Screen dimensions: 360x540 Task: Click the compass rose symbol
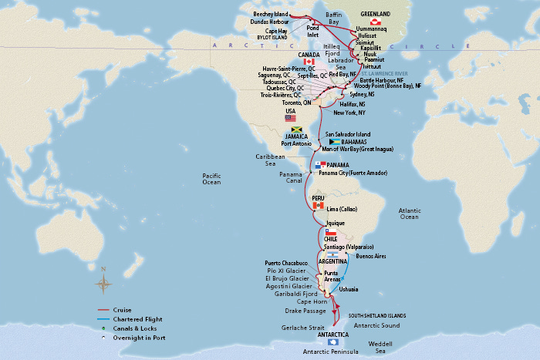(103, 283)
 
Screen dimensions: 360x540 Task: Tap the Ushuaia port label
(349, 288)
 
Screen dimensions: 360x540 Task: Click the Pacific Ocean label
(211, 179)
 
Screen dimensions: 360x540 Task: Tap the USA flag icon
(291, 118)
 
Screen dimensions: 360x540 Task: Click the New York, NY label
(350, 113)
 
